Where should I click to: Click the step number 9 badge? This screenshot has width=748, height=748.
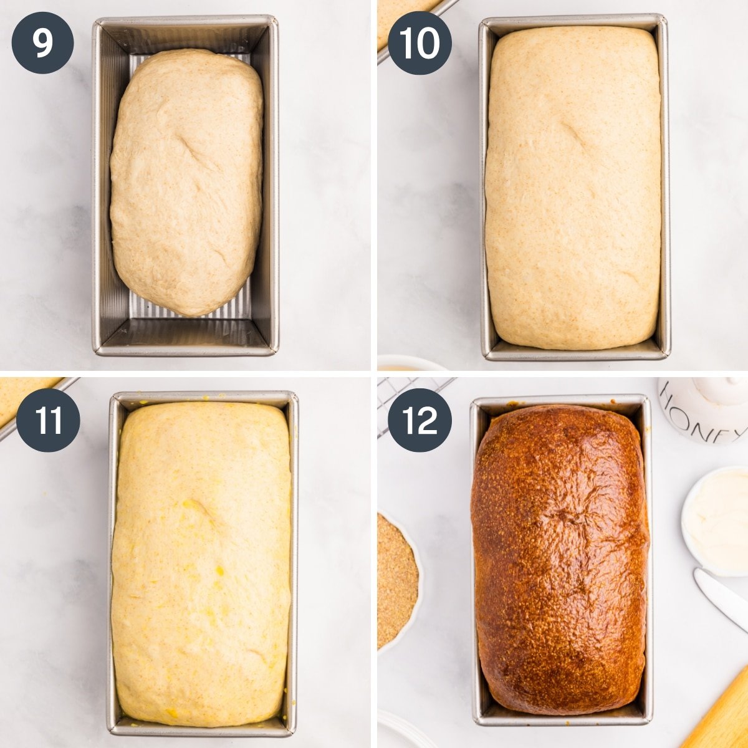[x=42, y=42]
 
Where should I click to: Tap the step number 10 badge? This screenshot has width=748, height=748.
[x=420, y=42]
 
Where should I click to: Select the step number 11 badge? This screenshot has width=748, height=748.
[x=48, y=420]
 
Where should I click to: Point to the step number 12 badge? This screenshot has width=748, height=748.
[x=420, y=420]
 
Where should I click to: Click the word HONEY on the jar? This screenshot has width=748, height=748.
[x=701, y=416]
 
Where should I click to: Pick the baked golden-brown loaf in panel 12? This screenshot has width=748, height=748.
[x=559, y=561]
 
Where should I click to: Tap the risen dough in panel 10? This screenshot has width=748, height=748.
[x=572, y=187]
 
